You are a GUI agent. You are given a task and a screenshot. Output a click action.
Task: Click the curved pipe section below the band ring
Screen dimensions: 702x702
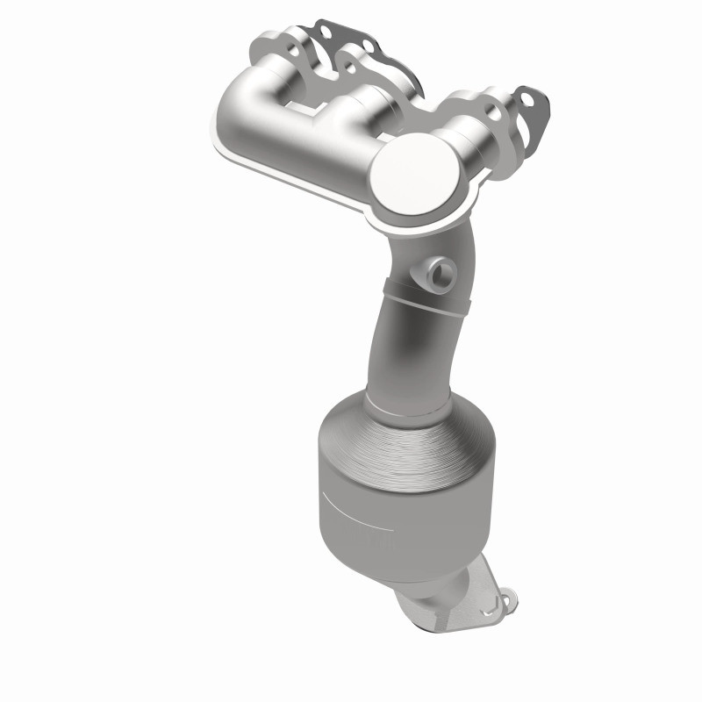pyautogui.click(x=399, y=351)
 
